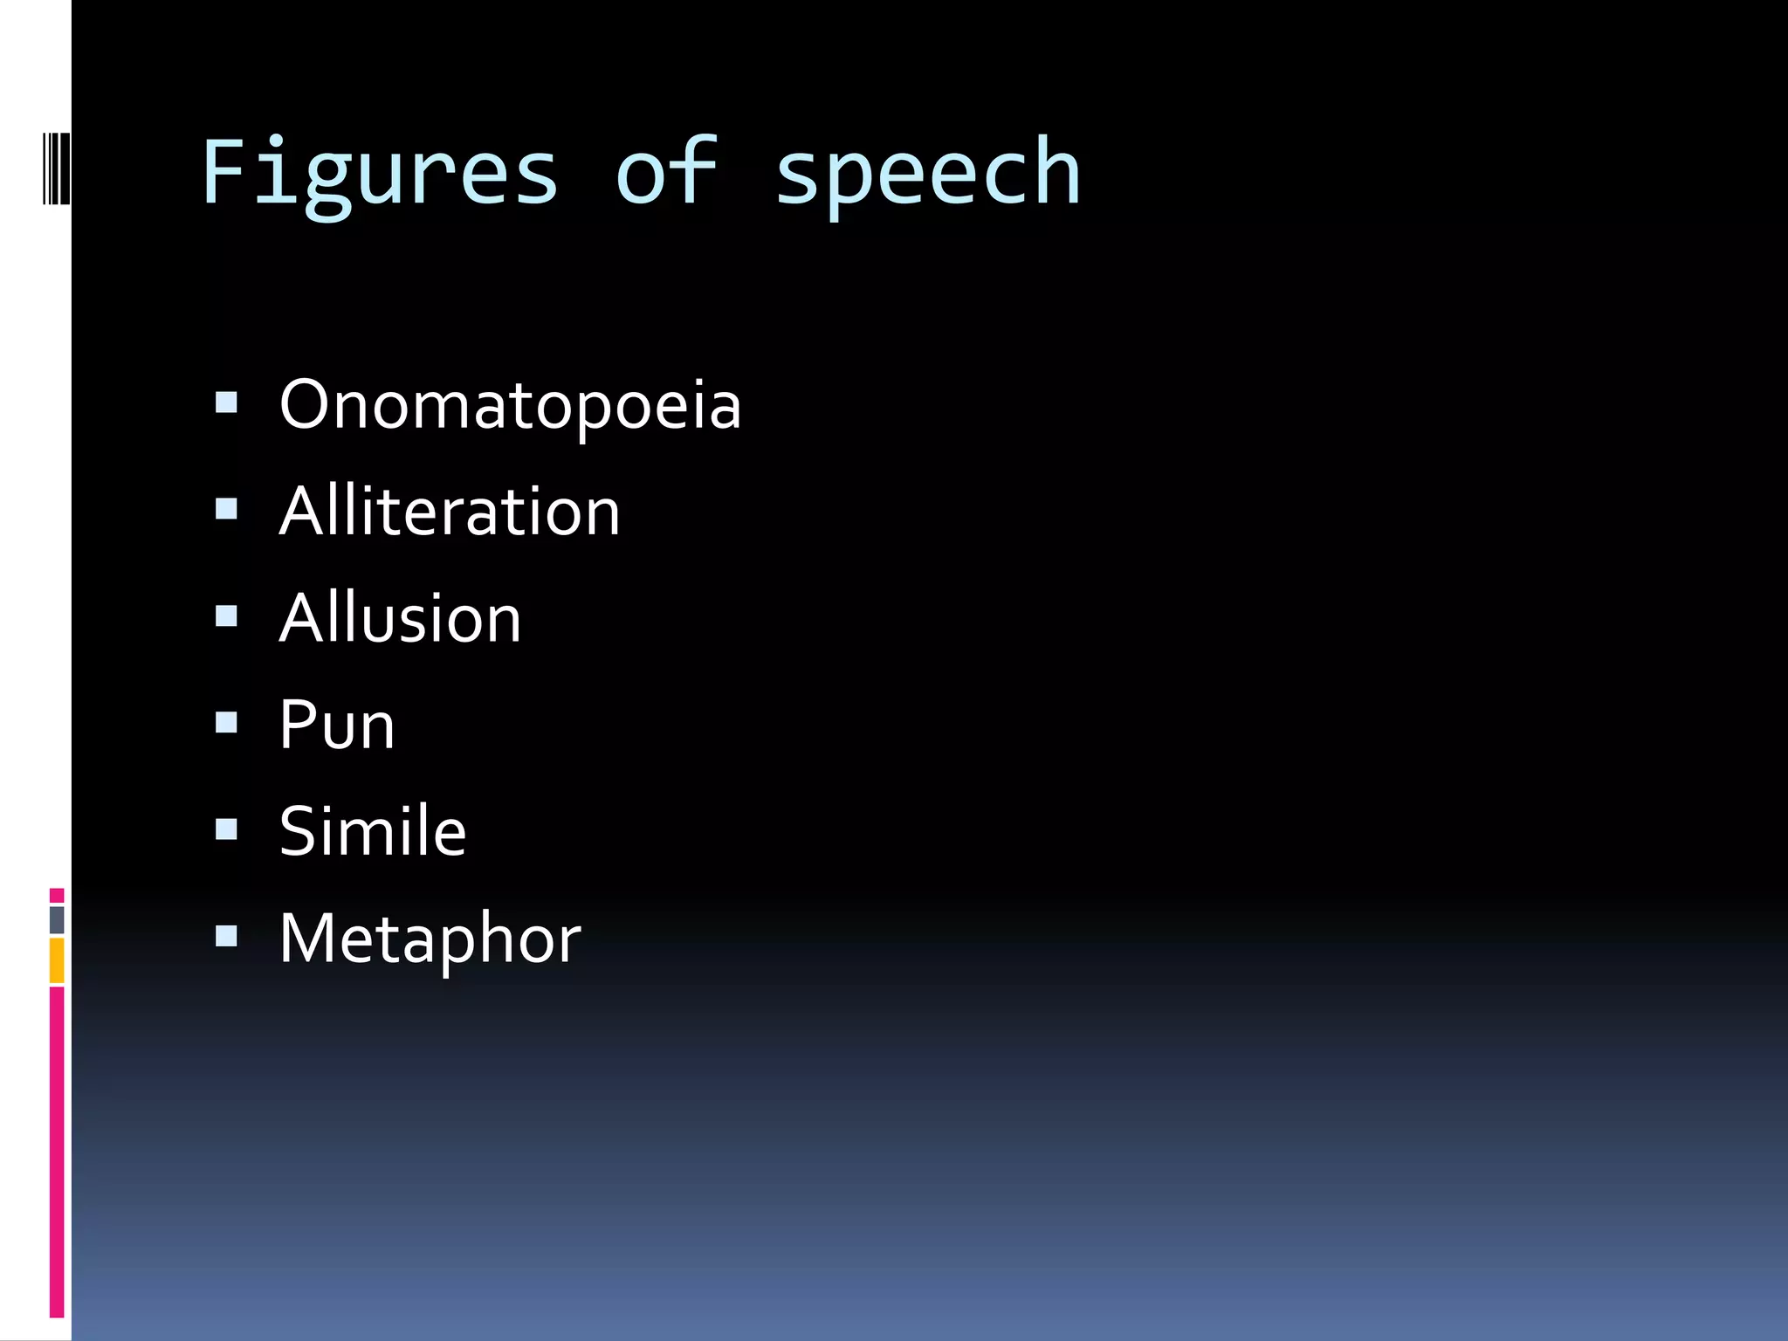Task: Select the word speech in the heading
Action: tap(927, 175)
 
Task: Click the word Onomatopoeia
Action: tap(510, 405)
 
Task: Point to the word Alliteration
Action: tap(450, 512)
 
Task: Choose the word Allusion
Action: tap(400, 618)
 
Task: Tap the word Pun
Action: tap(337, 725)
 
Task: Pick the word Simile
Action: tap(373, 831)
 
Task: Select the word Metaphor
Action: tap(430, 939)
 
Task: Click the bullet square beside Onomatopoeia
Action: tap(226, 402)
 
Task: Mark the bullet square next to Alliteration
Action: tap(226, 509)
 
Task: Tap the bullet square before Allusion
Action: tap(226, 616)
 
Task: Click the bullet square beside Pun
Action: tap(226, 723)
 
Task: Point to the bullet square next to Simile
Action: tap(226, 829)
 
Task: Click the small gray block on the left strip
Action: tap(57, 919)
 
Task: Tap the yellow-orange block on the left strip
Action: tap(57, 960)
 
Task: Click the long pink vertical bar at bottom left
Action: tap(57, 1152)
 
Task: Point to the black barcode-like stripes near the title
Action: tap(57, 168)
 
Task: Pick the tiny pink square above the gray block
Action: tap(57, 896)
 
